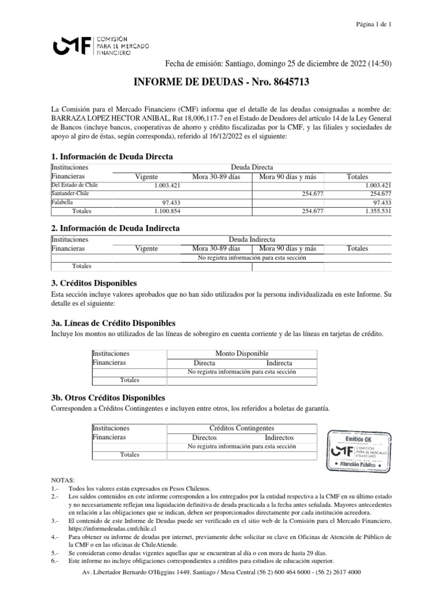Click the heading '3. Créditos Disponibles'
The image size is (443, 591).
pos(94,283)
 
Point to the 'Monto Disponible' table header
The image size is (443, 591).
pos(242,353)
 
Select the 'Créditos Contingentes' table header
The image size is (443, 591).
pos(242,428)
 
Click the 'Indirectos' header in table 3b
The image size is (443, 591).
pos(279,437)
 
